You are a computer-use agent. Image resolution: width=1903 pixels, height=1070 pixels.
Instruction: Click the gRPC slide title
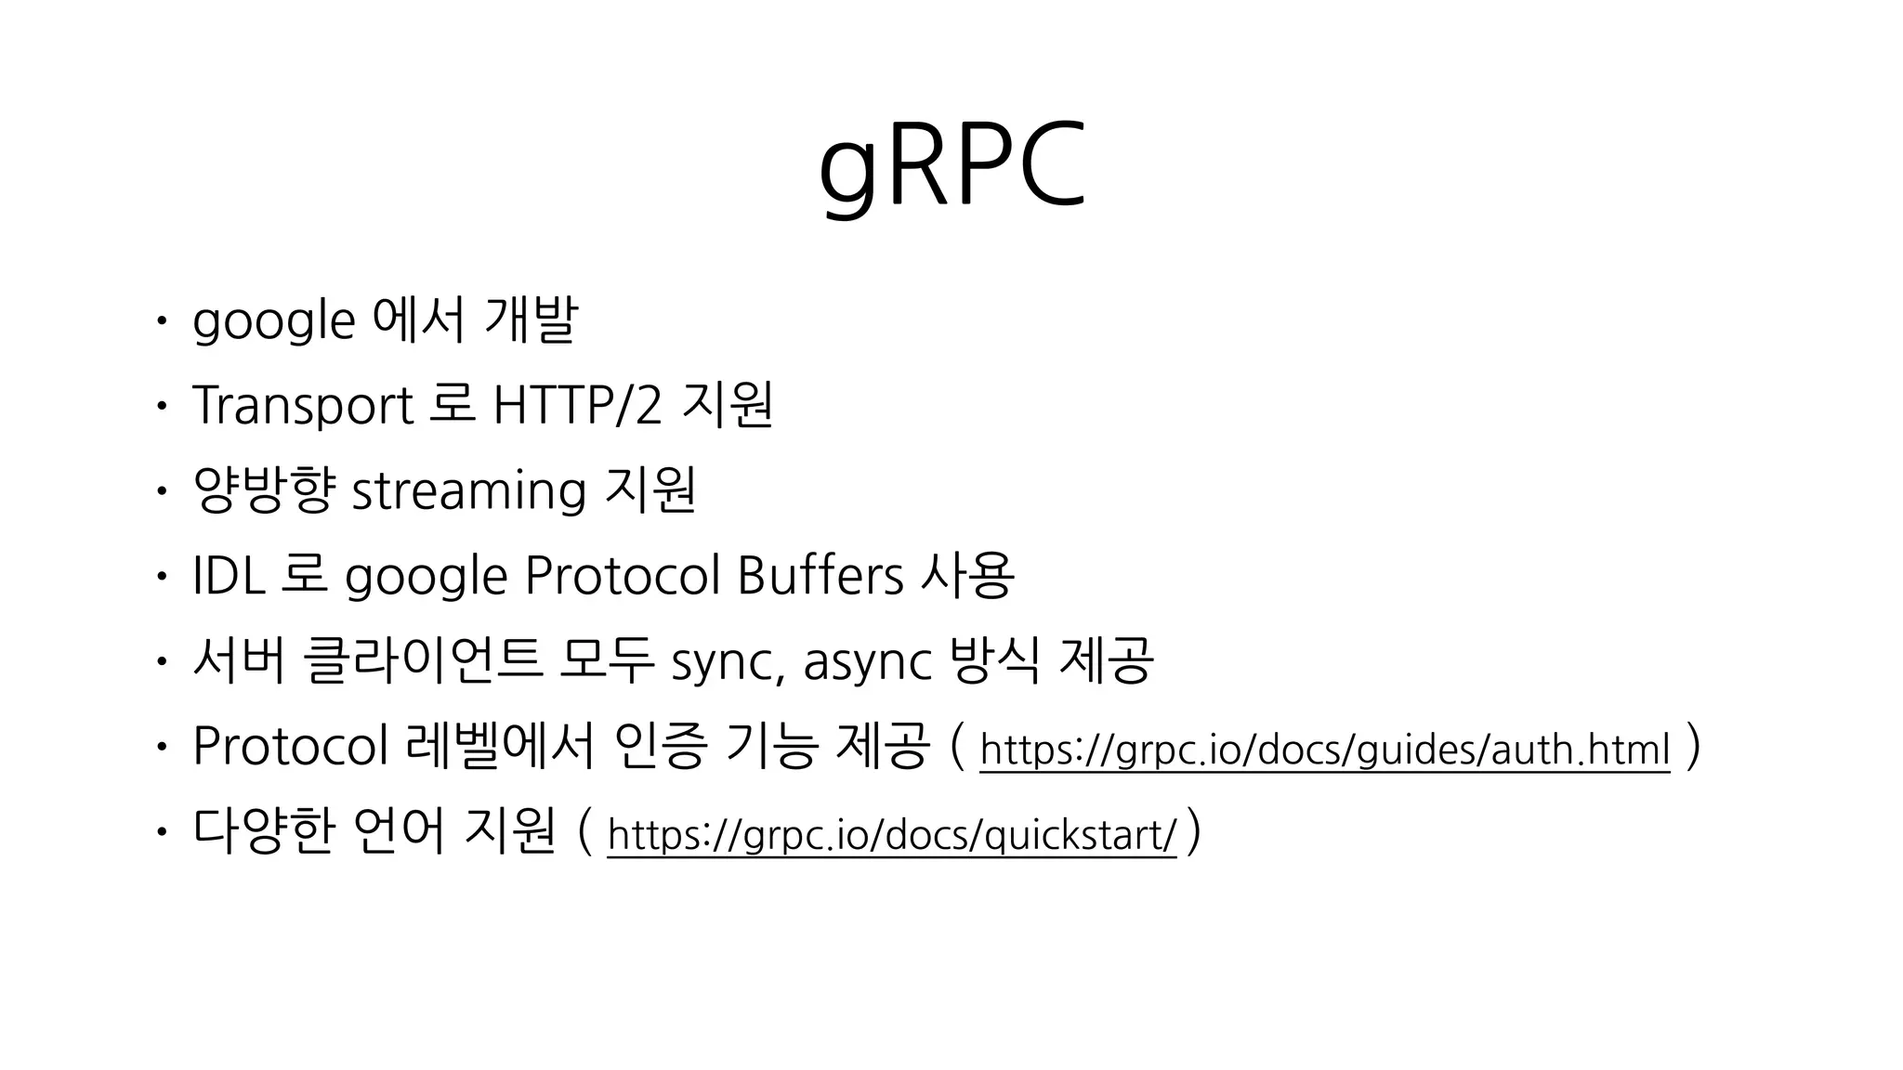[x=951, y=167]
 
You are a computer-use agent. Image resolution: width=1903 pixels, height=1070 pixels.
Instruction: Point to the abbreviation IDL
[x=229, y=576]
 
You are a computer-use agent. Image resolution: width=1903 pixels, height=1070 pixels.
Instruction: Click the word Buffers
[x=820, y=576]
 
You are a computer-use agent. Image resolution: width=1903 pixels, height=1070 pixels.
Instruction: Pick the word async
[x=867, y=661]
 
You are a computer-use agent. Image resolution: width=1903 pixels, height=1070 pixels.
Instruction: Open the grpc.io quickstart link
[x=891, y=835]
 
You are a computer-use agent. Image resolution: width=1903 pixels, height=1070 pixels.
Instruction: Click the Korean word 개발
[x=531, y=320]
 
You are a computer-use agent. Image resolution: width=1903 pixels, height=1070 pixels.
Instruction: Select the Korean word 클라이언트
[x=423, y=661]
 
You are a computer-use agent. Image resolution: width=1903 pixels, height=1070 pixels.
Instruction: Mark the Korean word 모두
[x=608, y=661]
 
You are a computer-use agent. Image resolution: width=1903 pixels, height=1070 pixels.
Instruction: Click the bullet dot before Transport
[x=161, y=406]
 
